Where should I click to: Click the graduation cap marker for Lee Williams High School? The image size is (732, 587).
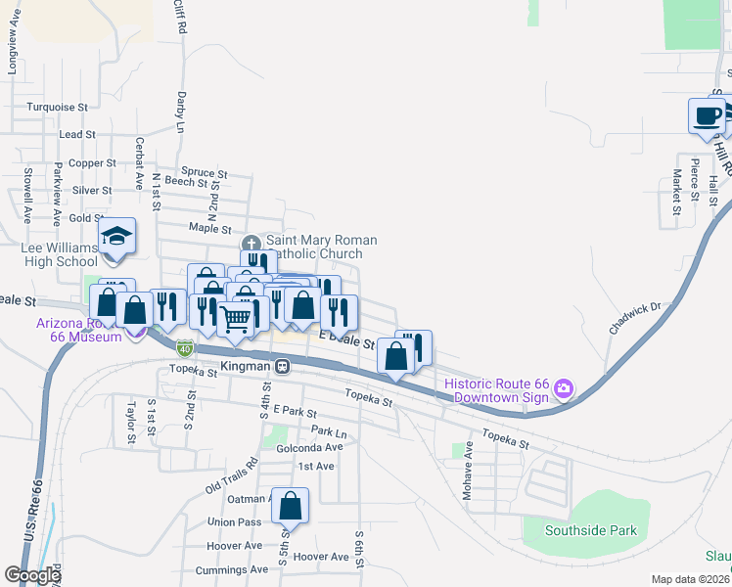tap(116, 236)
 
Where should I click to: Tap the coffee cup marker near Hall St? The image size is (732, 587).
tap(707, 115)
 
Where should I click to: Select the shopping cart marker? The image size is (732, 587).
tap(235, 318)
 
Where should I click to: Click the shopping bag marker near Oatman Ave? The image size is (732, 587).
tap(290, 506)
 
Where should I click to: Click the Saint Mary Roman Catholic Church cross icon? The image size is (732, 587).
tap(252, 243)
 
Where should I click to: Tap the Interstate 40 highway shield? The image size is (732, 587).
tap(185, 347)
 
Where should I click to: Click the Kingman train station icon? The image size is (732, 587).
tap(282, 367)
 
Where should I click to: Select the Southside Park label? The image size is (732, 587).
tap(593, 531)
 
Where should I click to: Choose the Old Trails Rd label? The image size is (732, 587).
tap(231, 475)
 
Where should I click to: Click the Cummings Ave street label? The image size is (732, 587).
tap(231, 569)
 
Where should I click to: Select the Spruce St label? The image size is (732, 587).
tap(205, 172)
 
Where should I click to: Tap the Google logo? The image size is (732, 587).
tap(33, 575)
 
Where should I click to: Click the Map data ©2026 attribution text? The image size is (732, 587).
tap(690, 579)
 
